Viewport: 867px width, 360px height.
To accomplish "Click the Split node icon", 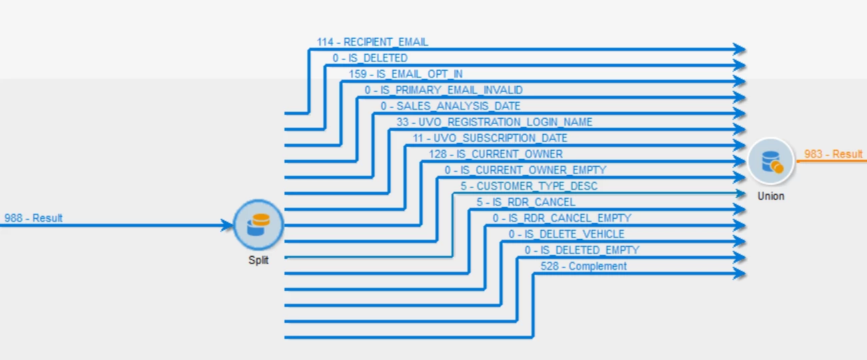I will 259,225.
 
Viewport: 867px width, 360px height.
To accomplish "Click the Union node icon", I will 770,161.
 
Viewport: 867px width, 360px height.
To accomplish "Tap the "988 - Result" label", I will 33,218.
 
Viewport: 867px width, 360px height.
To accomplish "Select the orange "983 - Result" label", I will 833,154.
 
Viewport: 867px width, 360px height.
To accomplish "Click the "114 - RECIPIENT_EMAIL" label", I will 372,42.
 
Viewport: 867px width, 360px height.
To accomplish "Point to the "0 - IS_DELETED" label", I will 370,58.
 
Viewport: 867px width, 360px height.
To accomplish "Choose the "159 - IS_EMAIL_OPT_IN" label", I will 405,74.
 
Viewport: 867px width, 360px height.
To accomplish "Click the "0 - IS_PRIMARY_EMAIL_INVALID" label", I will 444,90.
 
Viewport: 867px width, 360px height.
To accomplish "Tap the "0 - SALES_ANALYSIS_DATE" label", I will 450,106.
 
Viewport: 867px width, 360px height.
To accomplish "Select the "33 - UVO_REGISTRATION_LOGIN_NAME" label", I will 494,122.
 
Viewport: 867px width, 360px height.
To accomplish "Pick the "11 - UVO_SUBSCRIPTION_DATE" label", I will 490,138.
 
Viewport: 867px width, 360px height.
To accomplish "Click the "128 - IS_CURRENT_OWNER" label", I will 496,154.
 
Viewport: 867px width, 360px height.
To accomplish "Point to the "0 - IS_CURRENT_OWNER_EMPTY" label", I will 526,170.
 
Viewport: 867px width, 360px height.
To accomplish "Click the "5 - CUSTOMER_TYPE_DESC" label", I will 529,186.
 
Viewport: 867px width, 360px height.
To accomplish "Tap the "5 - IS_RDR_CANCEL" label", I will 526,202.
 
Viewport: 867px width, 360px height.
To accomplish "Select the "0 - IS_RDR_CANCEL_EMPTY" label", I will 562,218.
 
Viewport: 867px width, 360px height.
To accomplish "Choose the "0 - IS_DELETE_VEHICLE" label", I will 566,234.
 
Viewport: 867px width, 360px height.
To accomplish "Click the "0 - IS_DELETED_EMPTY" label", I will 582,250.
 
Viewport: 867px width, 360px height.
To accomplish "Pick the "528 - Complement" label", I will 584,266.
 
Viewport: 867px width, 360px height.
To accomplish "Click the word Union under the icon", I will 770,196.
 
